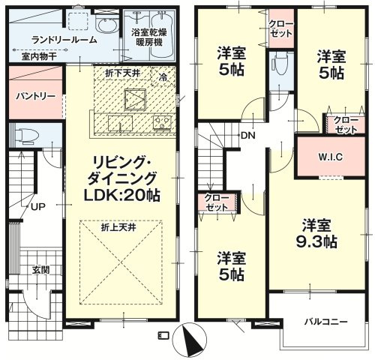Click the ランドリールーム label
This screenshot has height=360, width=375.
point(64,40)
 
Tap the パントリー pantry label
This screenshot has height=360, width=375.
point(35,96)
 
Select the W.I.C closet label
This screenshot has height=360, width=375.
point(330,157)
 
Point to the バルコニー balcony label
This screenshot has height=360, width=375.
point(325,322)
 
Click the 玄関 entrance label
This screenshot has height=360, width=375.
point(40,270)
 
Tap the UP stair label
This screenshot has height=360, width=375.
point(38,207)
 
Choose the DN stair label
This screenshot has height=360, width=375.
point(248,136)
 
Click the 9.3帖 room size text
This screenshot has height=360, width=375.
point(316,241)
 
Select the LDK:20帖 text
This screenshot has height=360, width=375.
point(121,195)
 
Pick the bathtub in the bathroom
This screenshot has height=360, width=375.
point(162,34)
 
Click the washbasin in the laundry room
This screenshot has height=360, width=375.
point(106,25)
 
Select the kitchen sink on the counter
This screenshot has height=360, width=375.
point(120,123)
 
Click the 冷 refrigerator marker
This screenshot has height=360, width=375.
point(163,77)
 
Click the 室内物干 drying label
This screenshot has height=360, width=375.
point(39,57)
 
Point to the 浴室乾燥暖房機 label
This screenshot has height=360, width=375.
point(149,37)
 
